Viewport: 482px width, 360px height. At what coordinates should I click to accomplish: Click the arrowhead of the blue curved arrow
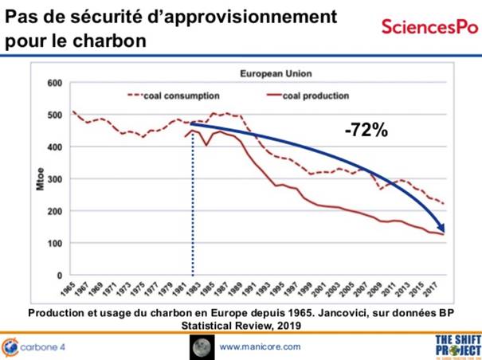440,229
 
